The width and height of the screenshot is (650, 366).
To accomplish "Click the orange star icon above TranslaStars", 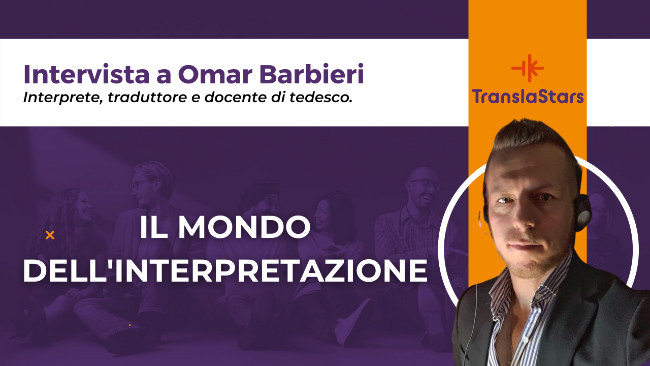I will pyautogui.click(x=527, y=68).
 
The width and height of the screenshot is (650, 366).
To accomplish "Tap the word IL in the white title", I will pyautogui.click(x=154, y=229).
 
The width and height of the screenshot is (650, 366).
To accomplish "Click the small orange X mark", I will pyautogui.click(x=50, y=235).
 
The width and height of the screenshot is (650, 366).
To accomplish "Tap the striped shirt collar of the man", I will pyautogui.click(x=513, y=290).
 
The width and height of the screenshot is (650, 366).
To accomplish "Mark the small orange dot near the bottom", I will pyautogui.click(x=129, y=325).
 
